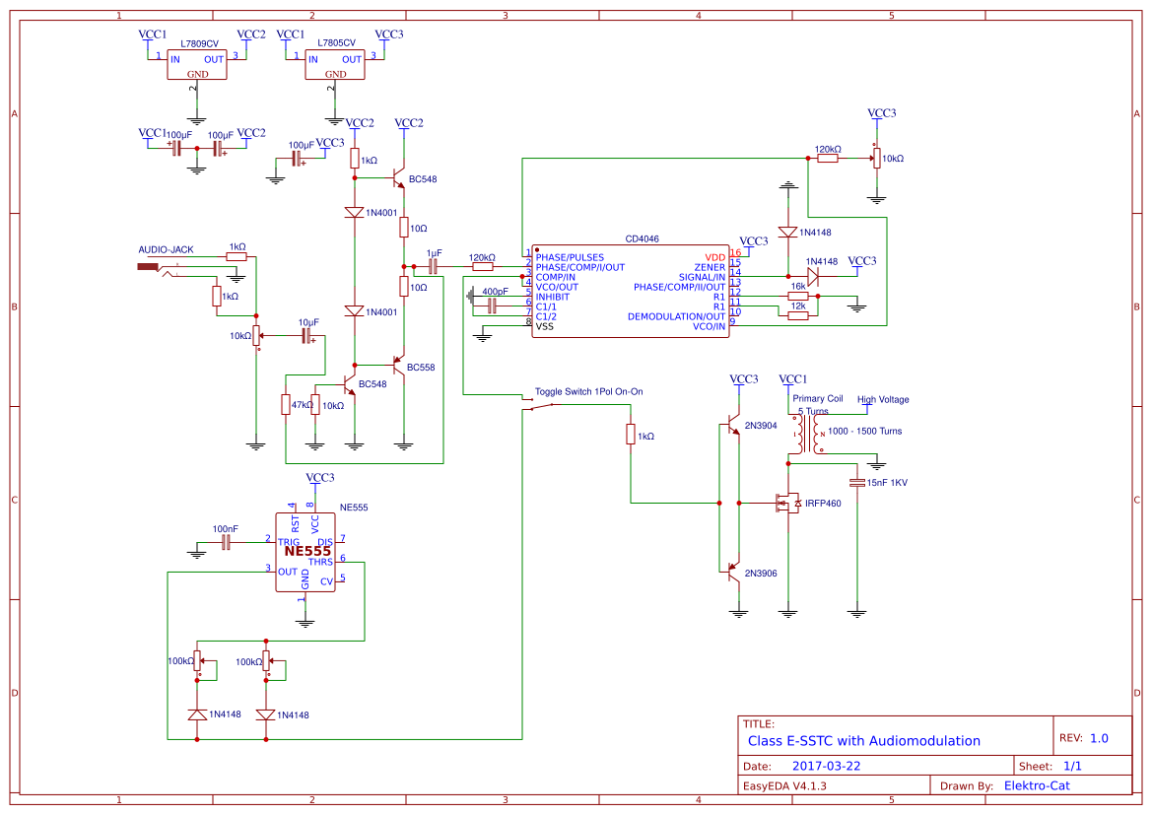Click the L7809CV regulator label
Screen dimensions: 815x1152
tap(200, 44)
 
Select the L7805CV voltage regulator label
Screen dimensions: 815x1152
tap(338, 44)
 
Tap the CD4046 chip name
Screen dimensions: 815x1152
tap(642, 238)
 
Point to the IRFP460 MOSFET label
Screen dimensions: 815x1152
tap(823, 504)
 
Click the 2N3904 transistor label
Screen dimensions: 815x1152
tap(761, 425)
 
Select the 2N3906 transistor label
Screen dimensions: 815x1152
tap(761, 573)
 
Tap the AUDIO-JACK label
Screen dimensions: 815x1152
tap(166, 249)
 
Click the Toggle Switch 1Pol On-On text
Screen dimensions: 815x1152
tap(588, 391)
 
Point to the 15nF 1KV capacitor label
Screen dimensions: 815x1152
tap(887, 482)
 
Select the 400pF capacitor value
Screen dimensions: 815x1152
tap(495, 292)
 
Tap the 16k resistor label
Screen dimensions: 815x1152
tap(798, 287)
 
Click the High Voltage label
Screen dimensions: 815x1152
tap(883, 399)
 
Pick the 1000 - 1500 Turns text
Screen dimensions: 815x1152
tap(865, 431)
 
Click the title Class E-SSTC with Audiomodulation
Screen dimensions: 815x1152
tap(863, 740)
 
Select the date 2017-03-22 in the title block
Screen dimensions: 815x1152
tap(826, 766)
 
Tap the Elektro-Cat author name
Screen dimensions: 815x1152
tap(1036, 785)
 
